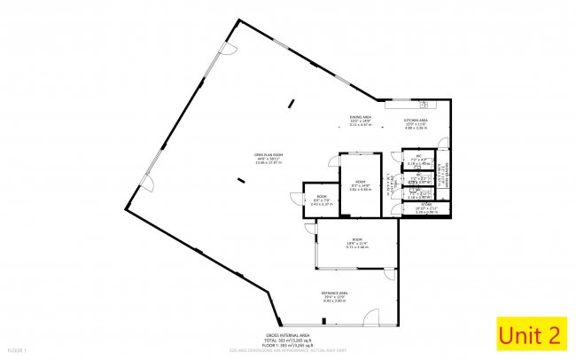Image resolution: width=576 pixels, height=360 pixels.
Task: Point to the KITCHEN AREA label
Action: pos(416,121)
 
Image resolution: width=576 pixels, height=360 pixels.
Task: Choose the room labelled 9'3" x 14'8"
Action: pos(359,184)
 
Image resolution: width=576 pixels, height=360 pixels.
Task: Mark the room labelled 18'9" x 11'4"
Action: pos(356,242)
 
